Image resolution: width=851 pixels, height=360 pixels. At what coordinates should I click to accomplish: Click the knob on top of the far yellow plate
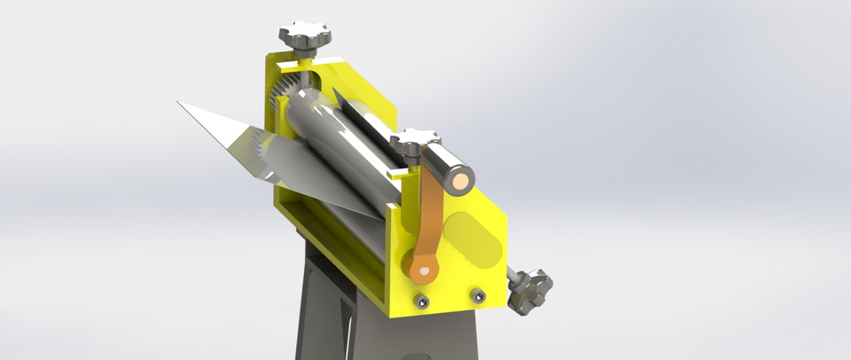304,36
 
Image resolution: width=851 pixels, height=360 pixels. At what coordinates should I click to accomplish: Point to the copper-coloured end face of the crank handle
462,182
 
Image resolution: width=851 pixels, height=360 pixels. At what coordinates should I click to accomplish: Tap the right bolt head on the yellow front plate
478,294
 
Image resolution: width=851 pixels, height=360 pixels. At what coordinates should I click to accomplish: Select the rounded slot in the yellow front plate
472,238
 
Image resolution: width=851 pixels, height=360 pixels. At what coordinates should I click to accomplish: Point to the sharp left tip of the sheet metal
180,103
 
